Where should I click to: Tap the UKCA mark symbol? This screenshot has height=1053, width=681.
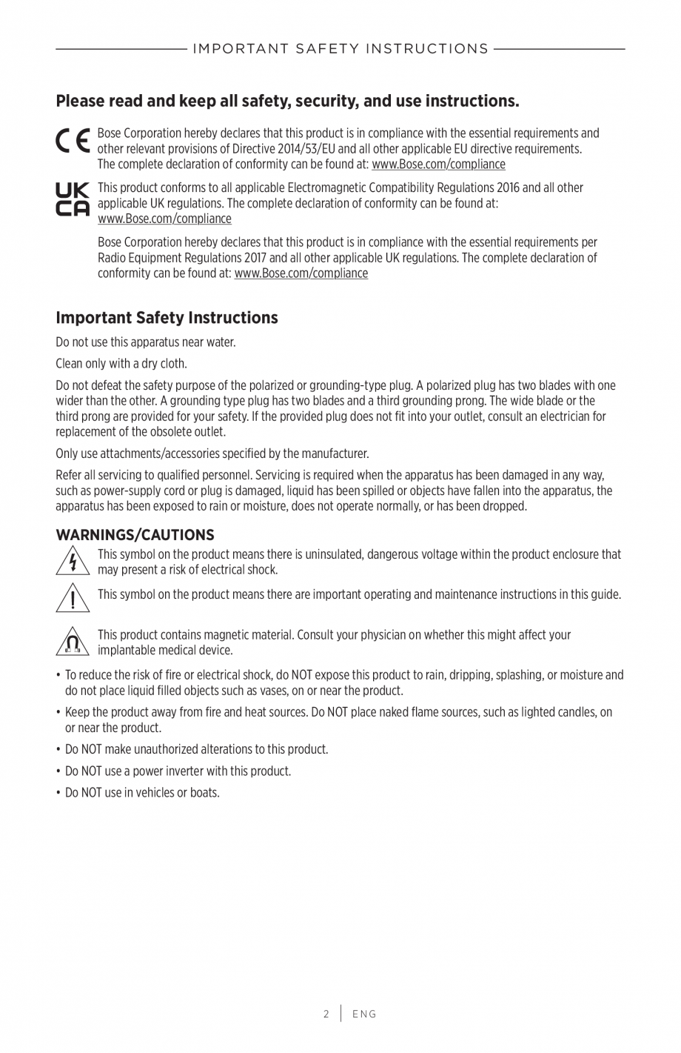pos(73,199)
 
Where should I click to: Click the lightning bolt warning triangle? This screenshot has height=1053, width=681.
pos(73,562)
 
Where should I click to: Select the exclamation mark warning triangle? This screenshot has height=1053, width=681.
pos(73,597)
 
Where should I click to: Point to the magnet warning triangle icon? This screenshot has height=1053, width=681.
pos(73,642)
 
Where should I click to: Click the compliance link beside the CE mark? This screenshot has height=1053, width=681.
pos(438,165)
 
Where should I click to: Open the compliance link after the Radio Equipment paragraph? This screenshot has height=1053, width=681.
pos(301,273)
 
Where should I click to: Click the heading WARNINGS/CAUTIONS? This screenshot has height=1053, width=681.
pos(135,535)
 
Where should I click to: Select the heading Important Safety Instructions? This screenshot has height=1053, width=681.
pos(167,318)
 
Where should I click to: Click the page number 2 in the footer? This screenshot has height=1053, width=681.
pos(326,1014)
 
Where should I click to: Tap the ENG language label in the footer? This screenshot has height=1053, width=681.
pos(364,1014)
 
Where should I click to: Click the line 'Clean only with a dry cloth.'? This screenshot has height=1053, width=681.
pos(121,364)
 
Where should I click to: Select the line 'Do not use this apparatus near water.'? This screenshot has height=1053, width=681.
pos(146,342)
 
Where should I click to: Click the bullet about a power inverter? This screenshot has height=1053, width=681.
pos(178,771)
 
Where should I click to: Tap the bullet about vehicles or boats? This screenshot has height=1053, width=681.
pos(142,793)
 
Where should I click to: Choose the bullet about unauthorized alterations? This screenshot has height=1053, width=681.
pos(196,750)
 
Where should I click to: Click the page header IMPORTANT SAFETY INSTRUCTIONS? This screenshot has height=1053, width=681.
pos(340,49)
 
